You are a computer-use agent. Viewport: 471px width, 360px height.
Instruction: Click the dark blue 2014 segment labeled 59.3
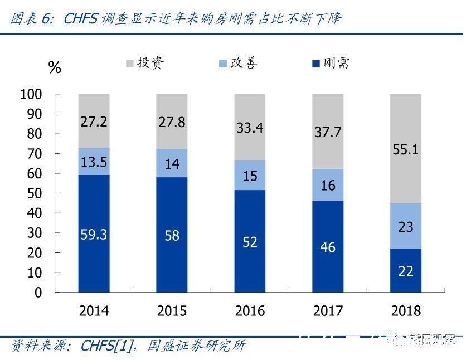click(x=94, y=233)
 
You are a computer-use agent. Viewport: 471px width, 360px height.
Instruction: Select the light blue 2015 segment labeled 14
click(x=172, y=163)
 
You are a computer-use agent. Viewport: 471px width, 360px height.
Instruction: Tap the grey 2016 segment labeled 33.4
click(x=250, y=127)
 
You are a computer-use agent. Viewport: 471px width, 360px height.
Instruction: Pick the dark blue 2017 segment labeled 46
click(x=328, y=246)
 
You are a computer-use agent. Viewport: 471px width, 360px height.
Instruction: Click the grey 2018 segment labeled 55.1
click(x=406, y=149)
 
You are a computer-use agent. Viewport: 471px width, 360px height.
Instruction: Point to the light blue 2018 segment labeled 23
click(x=406, y=226)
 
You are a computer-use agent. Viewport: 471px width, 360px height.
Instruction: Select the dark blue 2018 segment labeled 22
click(x=406, y=270)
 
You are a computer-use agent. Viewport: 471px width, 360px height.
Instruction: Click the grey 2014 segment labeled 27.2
click(x=94, y=121)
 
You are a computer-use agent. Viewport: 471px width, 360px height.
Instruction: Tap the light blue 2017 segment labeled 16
click(x=328, y=184)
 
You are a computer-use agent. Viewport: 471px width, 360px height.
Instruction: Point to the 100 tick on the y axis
click(x=31, y=94)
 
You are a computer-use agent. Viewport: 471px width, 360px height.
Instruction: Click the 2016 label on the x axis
click(x=250, y=311)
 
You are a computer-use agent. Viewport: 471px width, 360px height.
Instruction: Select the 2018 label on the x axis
click(x=406, y=311)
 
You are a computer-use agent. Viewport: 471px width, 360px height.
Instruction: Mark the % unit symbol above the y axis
click(x=55, y=68)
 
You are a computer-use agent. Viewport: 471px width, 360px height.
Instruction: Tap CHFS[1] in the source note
click(x=108, y=346)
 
